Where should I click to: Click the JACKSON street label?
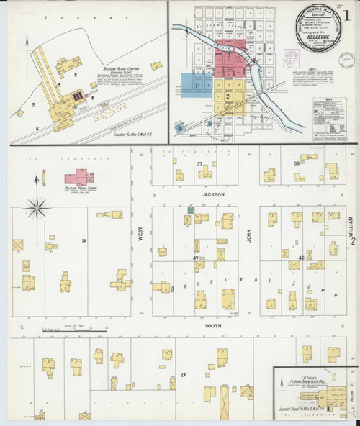213,194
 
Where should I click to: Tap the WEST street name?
140,237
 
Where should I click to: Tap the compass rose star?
35,209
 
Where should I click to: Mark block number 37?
199,164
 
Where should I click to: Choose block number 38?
296,163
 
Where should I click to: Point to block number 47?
195,257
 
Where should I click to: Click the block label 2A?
184,375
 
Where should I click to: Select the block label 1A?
84,240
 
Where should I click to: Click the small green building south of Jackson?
190,209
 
